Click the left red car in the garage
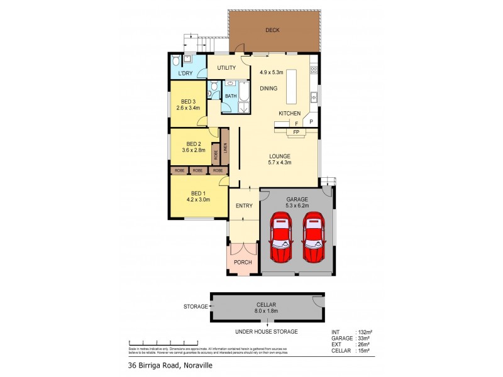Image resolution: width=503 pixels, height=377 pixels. [280, 238]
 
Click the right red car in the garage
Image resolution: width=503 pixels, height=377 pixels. [314, 238]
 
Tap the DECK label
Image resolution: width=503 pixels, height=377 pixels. [272, 30]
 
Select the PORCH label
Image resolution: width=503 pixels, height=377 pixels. [243, 262]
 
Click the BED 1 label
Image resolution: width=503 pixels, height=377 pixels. [197, 193]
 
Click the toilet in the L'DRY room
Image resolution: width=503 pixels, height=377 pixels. [176, 60]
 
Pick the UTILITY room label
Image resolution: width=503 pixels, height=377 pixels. [226, 68]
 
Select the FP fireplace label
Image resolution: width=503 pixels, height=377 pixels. [296, 133]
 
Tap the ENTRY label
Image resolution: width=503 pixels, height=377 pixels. [244, 206]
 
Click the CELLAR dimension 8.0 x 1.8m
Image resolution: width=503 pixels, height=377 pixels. [267, 310]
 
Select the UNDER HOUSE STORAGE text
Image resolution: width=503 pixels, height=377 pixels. [267, 331]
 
